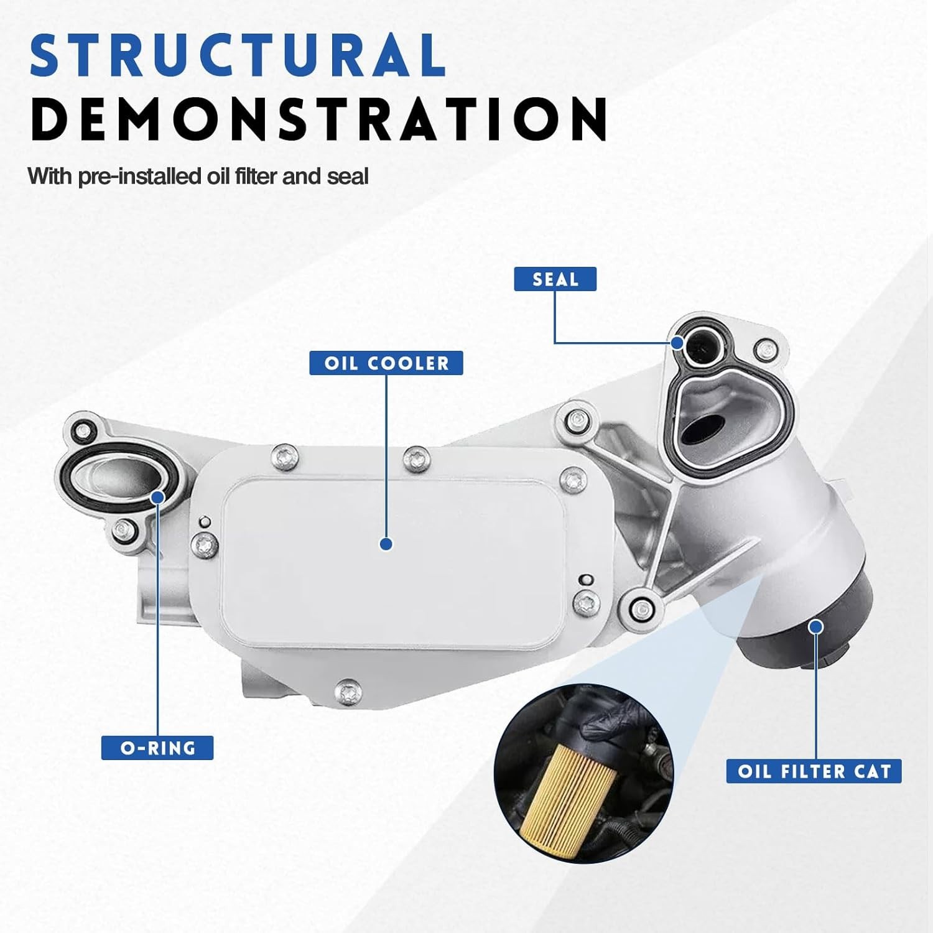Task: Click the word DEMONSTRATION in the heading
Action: tap(319, 118)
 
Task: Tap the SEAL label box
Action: tap(555, 279)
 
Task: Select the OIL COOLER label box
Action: tap(386, 363)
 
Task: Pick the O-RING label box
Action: tap(157, 747)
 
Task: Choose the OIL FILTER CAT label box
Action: tap(814, 771)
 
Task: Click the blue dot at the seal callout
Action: tap(677, 343)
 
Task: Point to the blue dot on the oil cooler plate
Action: tap(386, 544)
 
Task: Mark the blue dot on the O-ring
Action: tap(157, 496)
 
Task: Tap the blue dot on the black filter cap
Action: tap(817, 626)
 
